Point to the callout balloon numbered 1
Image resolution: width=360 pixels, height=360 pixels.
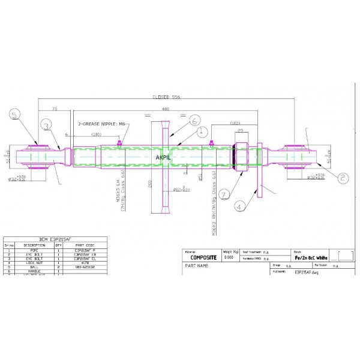tap(202, 130)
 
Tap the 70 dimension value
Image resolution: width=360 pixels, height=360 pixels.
tap(55, 109)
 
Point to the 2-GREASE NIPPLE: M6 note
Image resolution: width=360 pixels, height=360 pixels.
tap(102, 124)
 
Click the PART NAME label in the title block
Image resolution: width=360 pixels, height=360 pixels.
tap(198, 265)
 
